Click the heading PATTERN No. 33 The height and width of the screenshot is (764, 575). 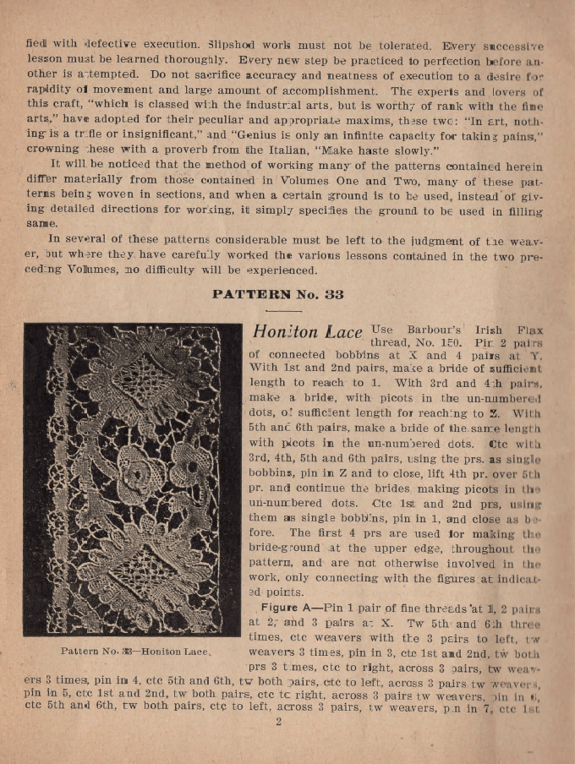pos(278,295)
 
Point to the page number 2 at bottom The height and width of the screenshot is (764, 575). pos(278,721)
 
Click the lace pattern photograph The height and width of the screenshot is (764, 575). pos(133,478)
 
